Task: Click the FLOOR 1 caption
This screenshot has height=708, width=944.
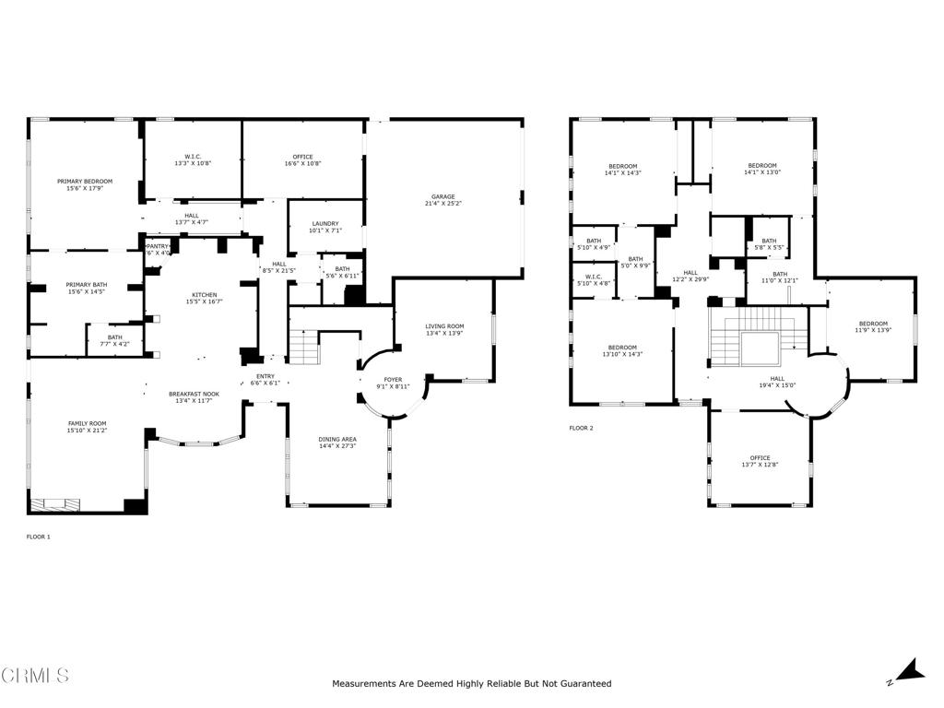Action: click(38, 536)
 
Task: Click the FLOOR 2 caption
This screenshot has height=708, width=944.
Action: click(581, 428)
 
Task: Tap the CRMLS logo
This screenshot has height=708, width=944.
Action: click(35, 676)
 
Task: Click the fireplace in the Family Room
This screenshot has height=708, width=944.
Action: click(56, 504)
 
